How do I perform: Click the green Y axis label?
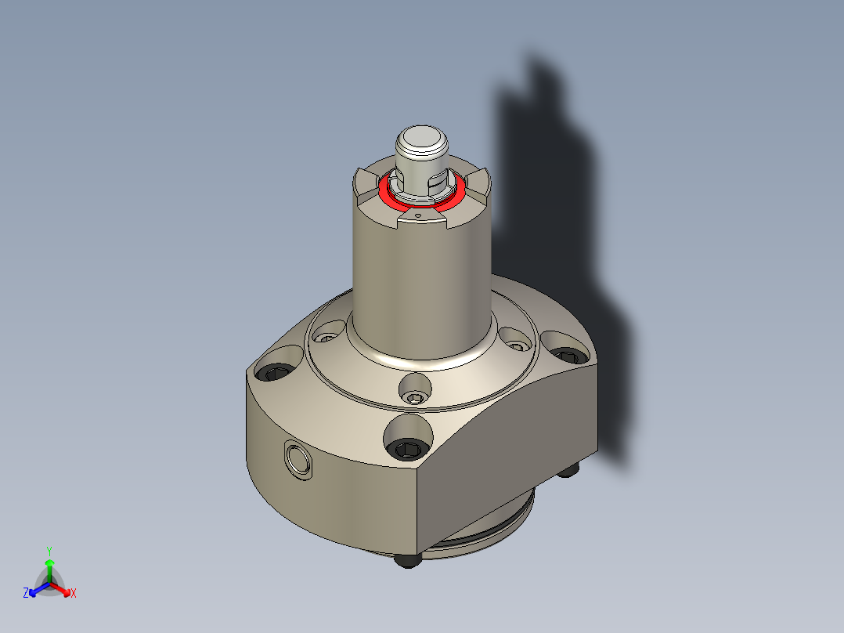[49, 550]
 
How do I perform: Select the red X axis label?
[74, 594]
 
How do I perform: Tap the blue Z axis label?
[26, 593]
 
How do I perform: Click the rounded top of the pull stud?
[422, 141]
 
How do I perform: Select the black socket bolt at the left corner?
[275, 373]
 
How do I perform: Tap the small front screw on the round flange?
[414, 399]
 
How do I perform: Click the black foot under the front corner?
[407, 560]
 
